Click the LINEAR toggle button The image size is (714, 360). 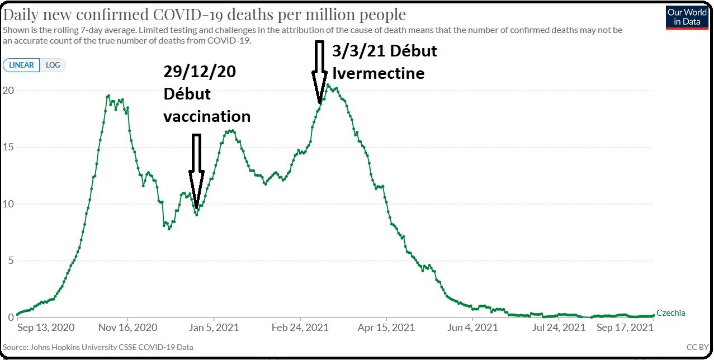(21, 65)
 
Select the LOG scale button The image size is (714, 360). (53, 65)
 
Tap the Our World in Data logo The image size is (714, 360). (687, 17)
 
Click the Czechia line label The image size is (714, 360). (670, 313)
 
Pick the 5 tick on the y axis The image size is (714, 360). (10, 261)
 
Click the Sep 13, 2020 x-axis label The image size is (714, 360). (46, 327)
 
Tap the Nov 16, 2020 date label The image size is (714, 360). (127, 327)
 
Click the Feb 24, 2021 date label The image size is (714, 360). (301, 327)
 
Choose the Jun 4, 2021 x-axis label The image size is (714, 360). (472, 327)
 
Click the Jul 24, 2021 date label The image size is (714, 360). (559, 327)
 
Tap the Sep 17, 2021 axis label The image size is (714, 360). (624, 327)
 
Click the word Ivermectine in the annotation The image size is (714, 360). (379, 73)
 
